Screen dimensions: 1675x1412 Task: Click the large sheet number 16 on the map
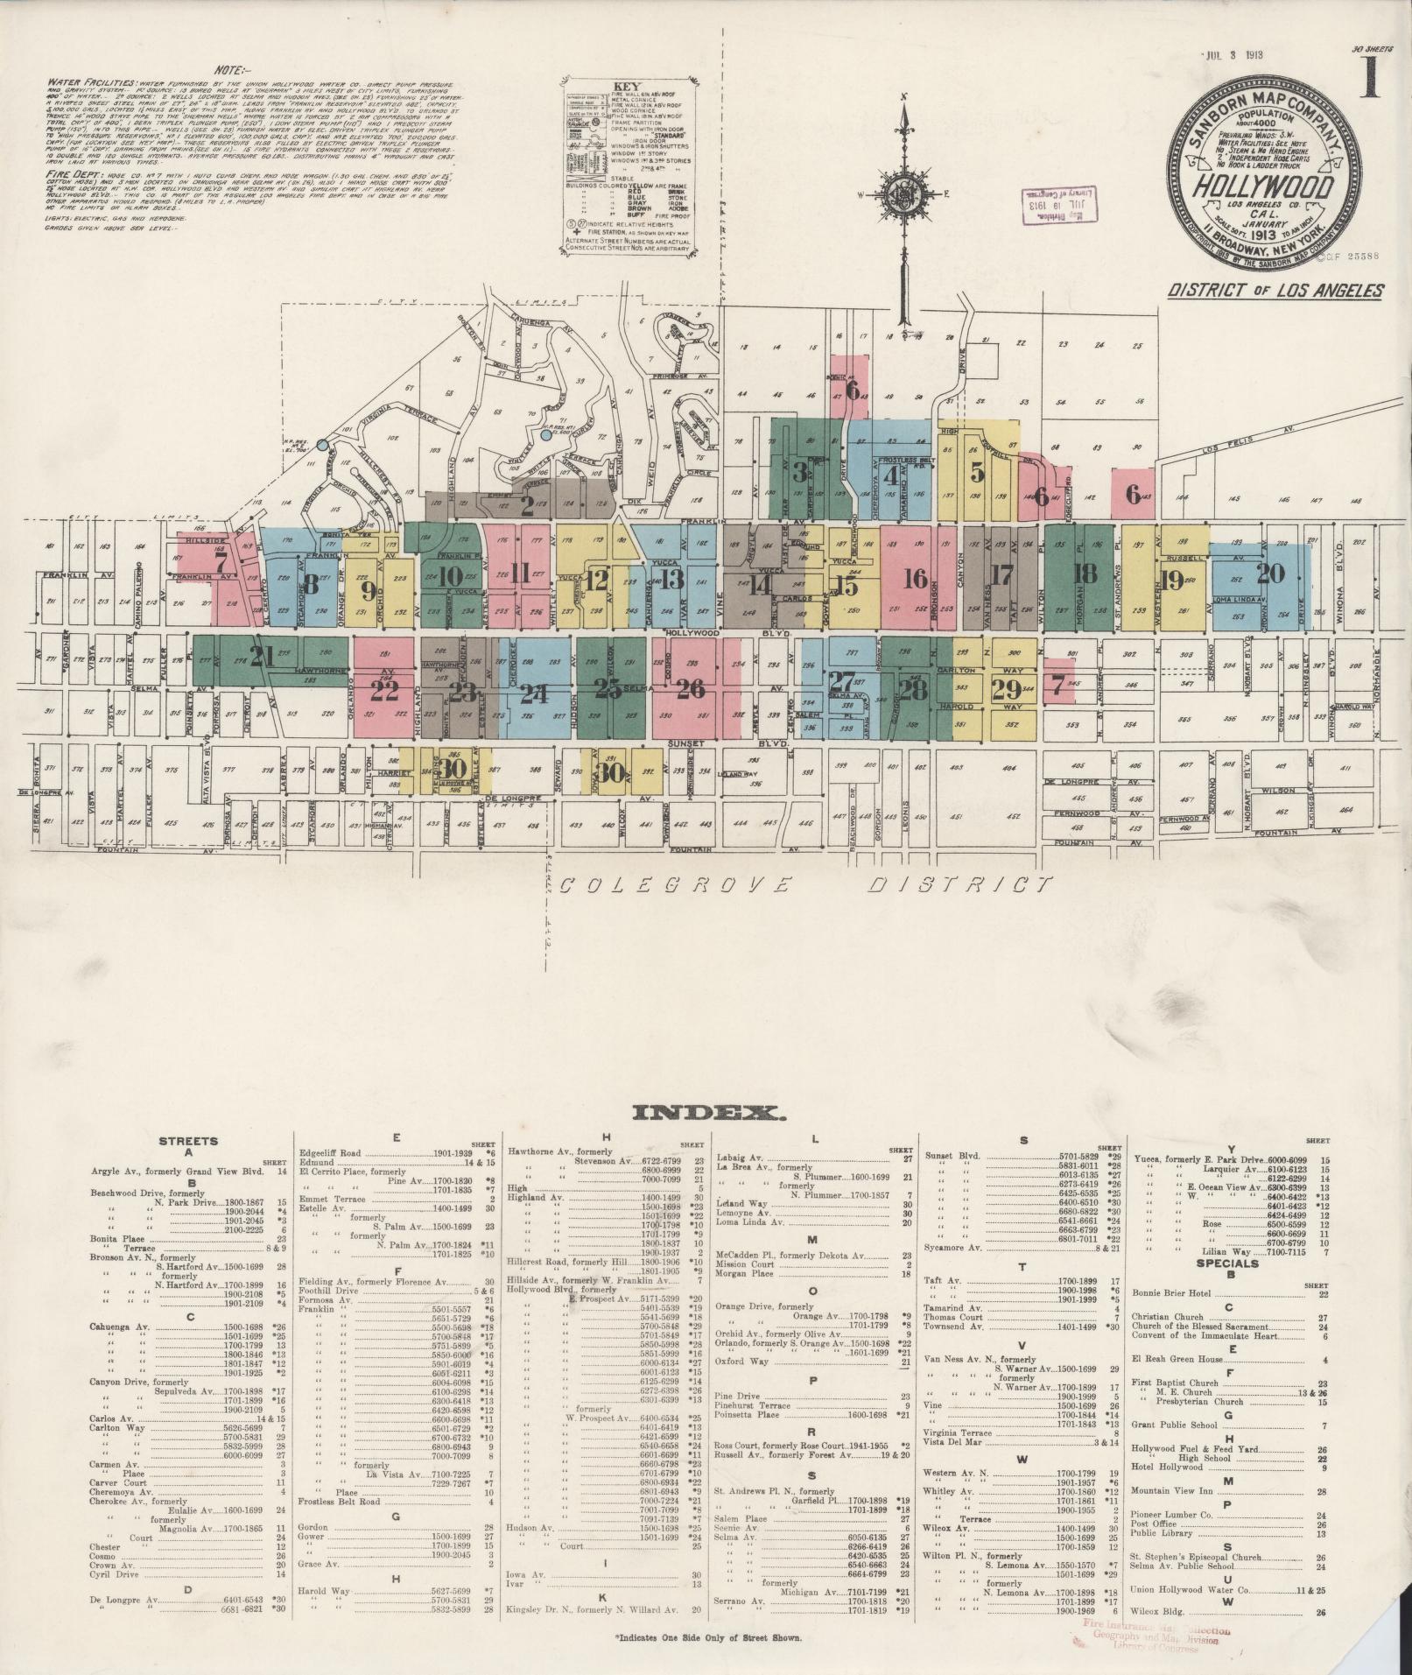(915, 578)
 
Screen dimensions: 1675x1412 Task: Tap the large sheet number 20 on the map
(1269, 574)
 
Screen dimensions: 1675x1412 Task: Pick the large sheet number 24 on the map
(533, 693)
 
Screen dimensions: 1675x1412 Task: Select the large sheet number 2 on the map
(526, 505)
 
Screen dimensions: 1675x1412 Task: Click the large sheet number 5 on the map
(977, 471)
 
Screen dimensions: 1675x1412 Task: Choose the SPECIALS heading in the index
(1231, 1263)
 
